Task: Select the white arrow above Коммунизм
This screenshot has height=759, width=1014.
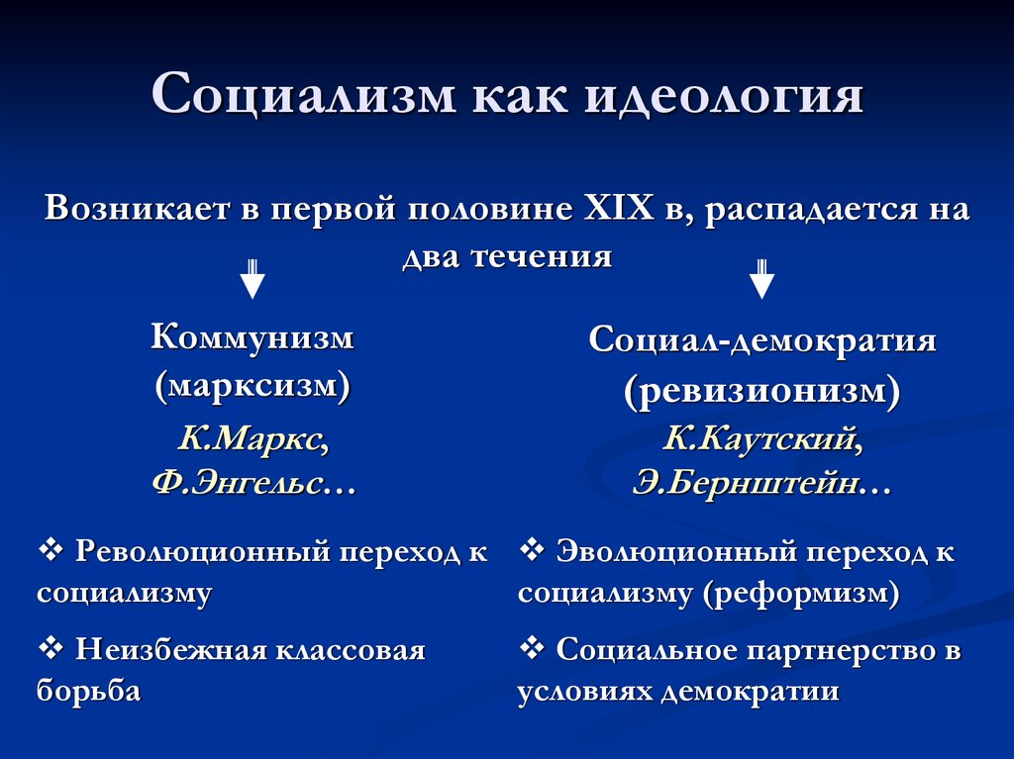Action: [x=253, y=279]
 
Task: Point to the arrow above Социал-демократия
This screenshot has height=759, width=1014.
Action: [x=760, y=279]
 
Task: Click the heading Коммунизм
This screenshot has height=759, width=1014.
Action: [x=253, y=337]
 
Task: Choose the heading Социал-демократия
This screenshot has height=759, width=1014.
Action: [x=761, y=341]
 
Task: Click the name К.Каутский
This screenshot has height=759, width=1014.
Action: [x=761, y=438]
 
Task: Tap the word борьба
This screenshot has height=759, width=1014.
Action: [x=88, y=691]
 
